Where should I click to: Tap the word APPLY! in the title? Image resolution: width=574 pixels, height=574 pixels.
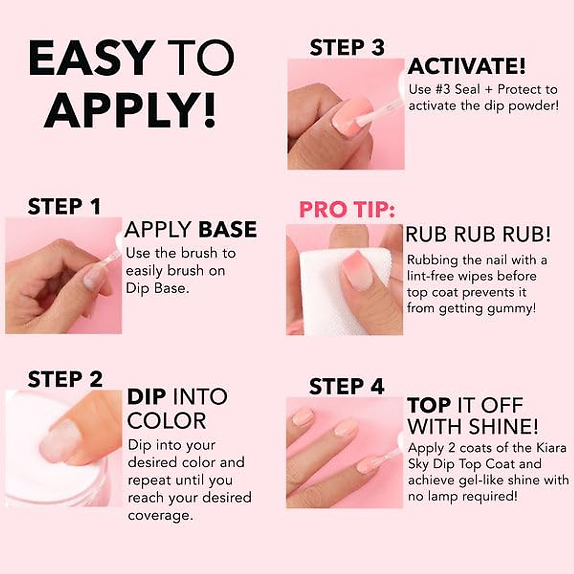[130, 111]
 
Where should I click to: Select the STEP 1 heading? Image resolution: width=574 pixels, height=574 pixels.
[64, 207]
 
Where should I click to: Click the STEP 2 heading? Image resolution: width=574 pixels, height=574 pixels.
[65, 379]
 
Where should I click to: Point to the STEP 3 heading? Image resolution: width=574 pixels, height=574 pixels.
[347, 48]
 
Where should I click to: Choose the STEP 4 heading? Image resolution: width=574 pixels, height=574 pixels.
[346, 386]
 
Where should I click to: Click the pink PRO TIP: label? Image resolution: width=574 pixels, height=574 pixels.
[347, 210]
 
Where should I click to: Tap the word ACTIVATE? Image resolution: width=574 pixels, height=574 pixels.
[466, 66]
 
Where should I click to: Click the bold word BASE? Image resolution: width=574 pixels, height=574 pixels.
[227, 230]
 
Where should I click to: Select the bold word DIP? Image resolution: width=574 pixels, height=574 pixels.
[146, 397]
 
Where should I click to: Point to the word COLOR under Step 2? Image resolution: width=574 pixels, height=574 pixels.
[166, 421]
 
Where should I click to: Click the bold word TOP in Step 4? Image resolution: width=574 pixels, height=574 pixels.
[429, 406]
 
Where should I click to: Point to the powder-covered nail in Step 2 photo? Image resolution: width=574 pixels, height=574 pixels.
[60, 440]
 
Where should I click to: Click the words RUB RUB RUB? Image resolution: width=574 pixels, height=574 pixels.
[478, 234]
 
